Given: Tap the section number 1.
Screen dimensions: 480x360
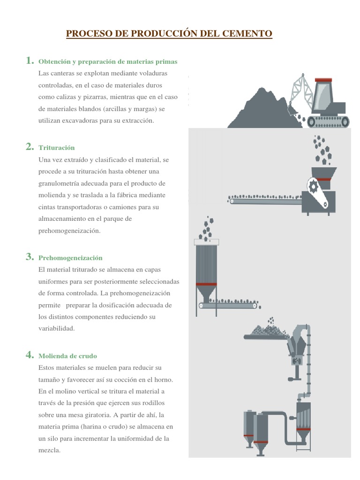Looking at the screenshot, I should pyautogui.click(x=30, y=60).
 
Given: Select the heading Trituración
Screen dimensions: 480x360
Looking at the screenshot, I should pyautogui.click(x=57, y=148).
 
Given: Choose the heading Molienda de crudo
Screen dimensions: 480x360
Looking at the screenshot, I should pyautogui.click(x=68, y=356).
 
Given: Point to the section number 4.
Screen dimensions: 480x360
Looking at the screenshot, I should pyautogui.click(x=30, y=355).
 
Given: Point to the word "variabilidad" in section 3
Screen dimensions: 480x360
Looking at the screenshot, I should pyautogui.click(x=56, y=329).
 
